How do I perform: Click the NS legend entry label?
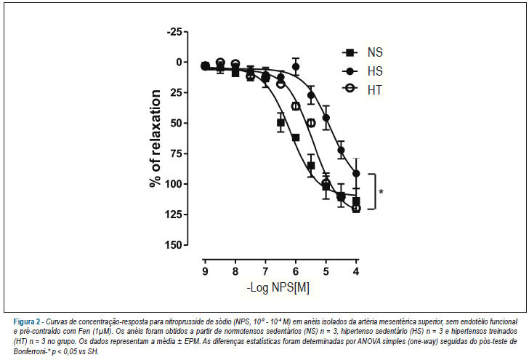[375, 52]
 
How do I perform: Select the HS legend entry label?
[375, 71]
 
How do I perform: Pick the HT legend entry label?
[375, 90]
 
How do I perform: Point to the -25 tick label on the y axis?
[174, 32]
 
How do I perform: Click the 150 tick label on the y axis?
[174, 245]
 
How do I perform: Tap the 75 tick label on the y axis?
[177, 153]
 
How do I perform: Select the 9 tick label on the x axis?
[205, 271]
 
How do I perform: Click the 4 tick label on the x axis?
[356, 271]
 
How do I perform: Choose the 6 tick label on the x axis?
[296, 271]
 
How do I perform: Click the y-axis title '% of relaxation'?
[156, 138]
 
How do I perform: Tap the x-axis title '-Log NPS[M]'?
[278, 288]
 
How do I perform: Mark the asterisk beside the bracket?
[381, 192]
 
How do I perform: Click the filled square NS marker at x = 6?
[296, 137]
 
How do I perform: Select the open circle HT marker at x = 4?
[356, 209]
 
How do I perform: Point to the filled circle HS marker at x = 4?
[356, 174]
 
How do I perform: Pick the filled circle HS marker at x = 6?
[296, 66]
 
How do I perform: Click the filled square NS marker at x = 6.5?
[280, 123]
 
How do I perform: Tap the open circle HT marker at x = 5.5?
[311, 123]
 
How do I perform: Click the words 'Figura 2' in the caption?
[27, 321]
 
